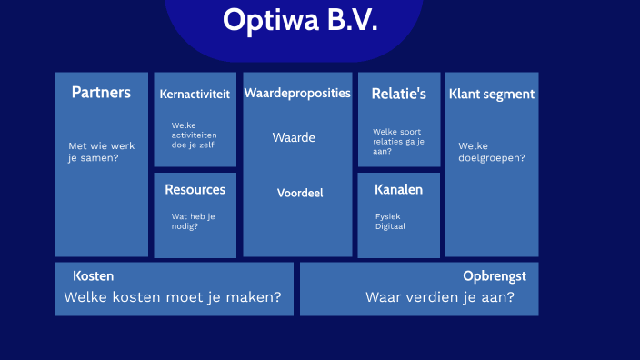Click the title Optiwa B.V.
point(299,20)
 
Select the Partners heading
point(101,93)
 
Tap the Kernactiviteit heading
point(195,94)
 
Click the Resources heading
point(195,189)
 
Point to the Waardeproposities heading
point(297,93)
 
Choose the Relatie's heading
point(398,93)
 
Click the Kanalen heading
point(398,189)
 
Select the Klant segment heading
point(491,94)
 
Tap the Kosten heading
point(93,275)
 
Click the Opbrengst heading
point(495,275)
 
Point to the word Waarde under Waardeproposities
point(294,138)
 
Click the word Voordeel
point(300,193)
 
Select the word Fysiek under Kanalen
point(387,216)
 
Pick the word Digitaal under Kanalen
point(390,226)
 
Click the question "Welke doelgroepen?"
point(491,152)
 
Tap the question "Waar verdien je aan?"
point(440,297)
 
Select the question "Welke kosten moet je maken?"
point(172,297)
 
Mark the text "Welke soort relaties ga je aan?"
point(398,141)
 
